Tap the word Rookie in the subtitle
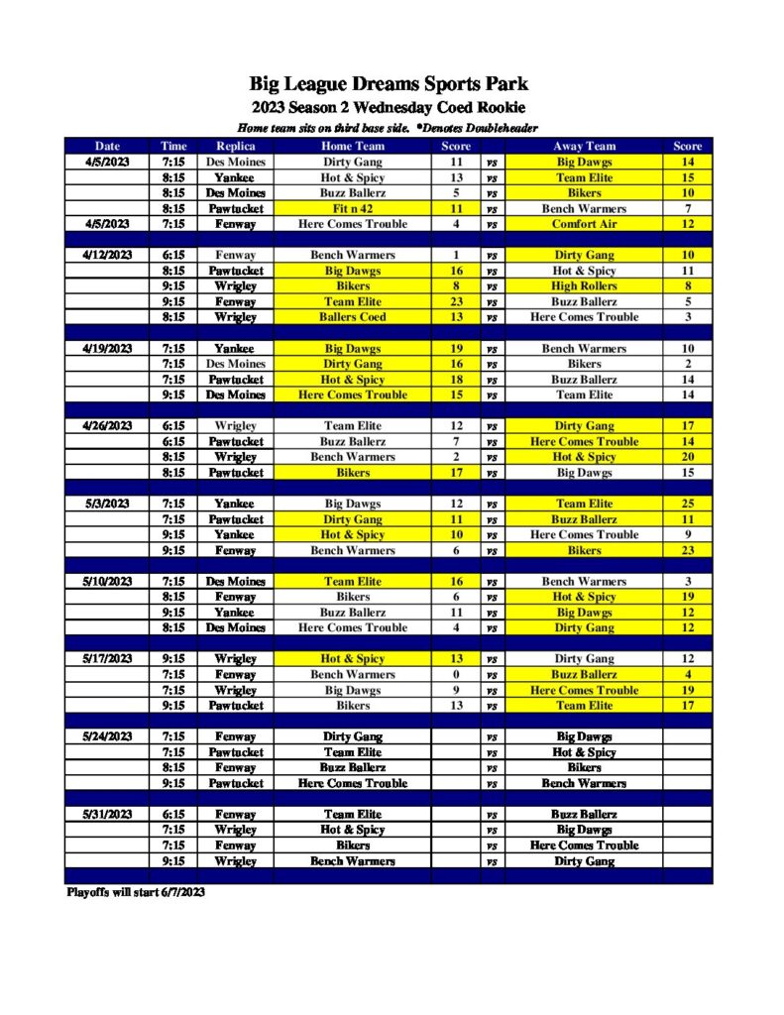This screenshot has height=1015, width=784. click(498, 107)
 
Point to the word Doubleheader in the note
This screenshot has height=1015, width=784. click(493, 129)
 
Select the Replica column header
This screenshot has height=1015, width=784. click(236, 147)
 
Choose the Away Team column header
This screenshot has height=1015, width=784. click(584, 147)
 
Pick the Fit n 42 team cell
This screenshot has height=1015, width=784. click(353, 209)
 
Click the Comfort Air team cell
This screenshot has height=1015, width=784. click(584, 224)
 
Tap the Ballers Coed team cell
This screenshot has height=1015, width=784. click(353, 317)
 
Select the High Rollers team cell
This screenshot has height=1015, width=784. click(584, 286)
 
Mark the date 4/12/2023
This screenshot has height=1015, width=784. click(107, 255)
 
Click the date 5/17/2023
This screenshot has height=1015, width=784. click(107, 659)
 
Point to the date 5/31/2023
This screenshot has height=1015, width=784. click(107, 815)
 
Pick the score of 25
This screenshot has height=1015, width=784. click(687, 504)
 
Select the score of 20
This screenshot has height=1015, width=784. click(687, 457)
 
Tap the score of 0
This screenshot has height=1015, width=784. click(456, 675)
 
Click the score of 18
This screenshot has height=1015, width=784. click(456, 380)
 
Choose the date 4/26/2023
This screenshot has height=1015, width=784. click(107, 426)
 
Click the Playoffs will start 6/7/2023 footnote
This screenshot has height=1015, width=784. click(135, 892)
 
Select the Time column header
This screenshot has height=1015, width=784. click(172, 147)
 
